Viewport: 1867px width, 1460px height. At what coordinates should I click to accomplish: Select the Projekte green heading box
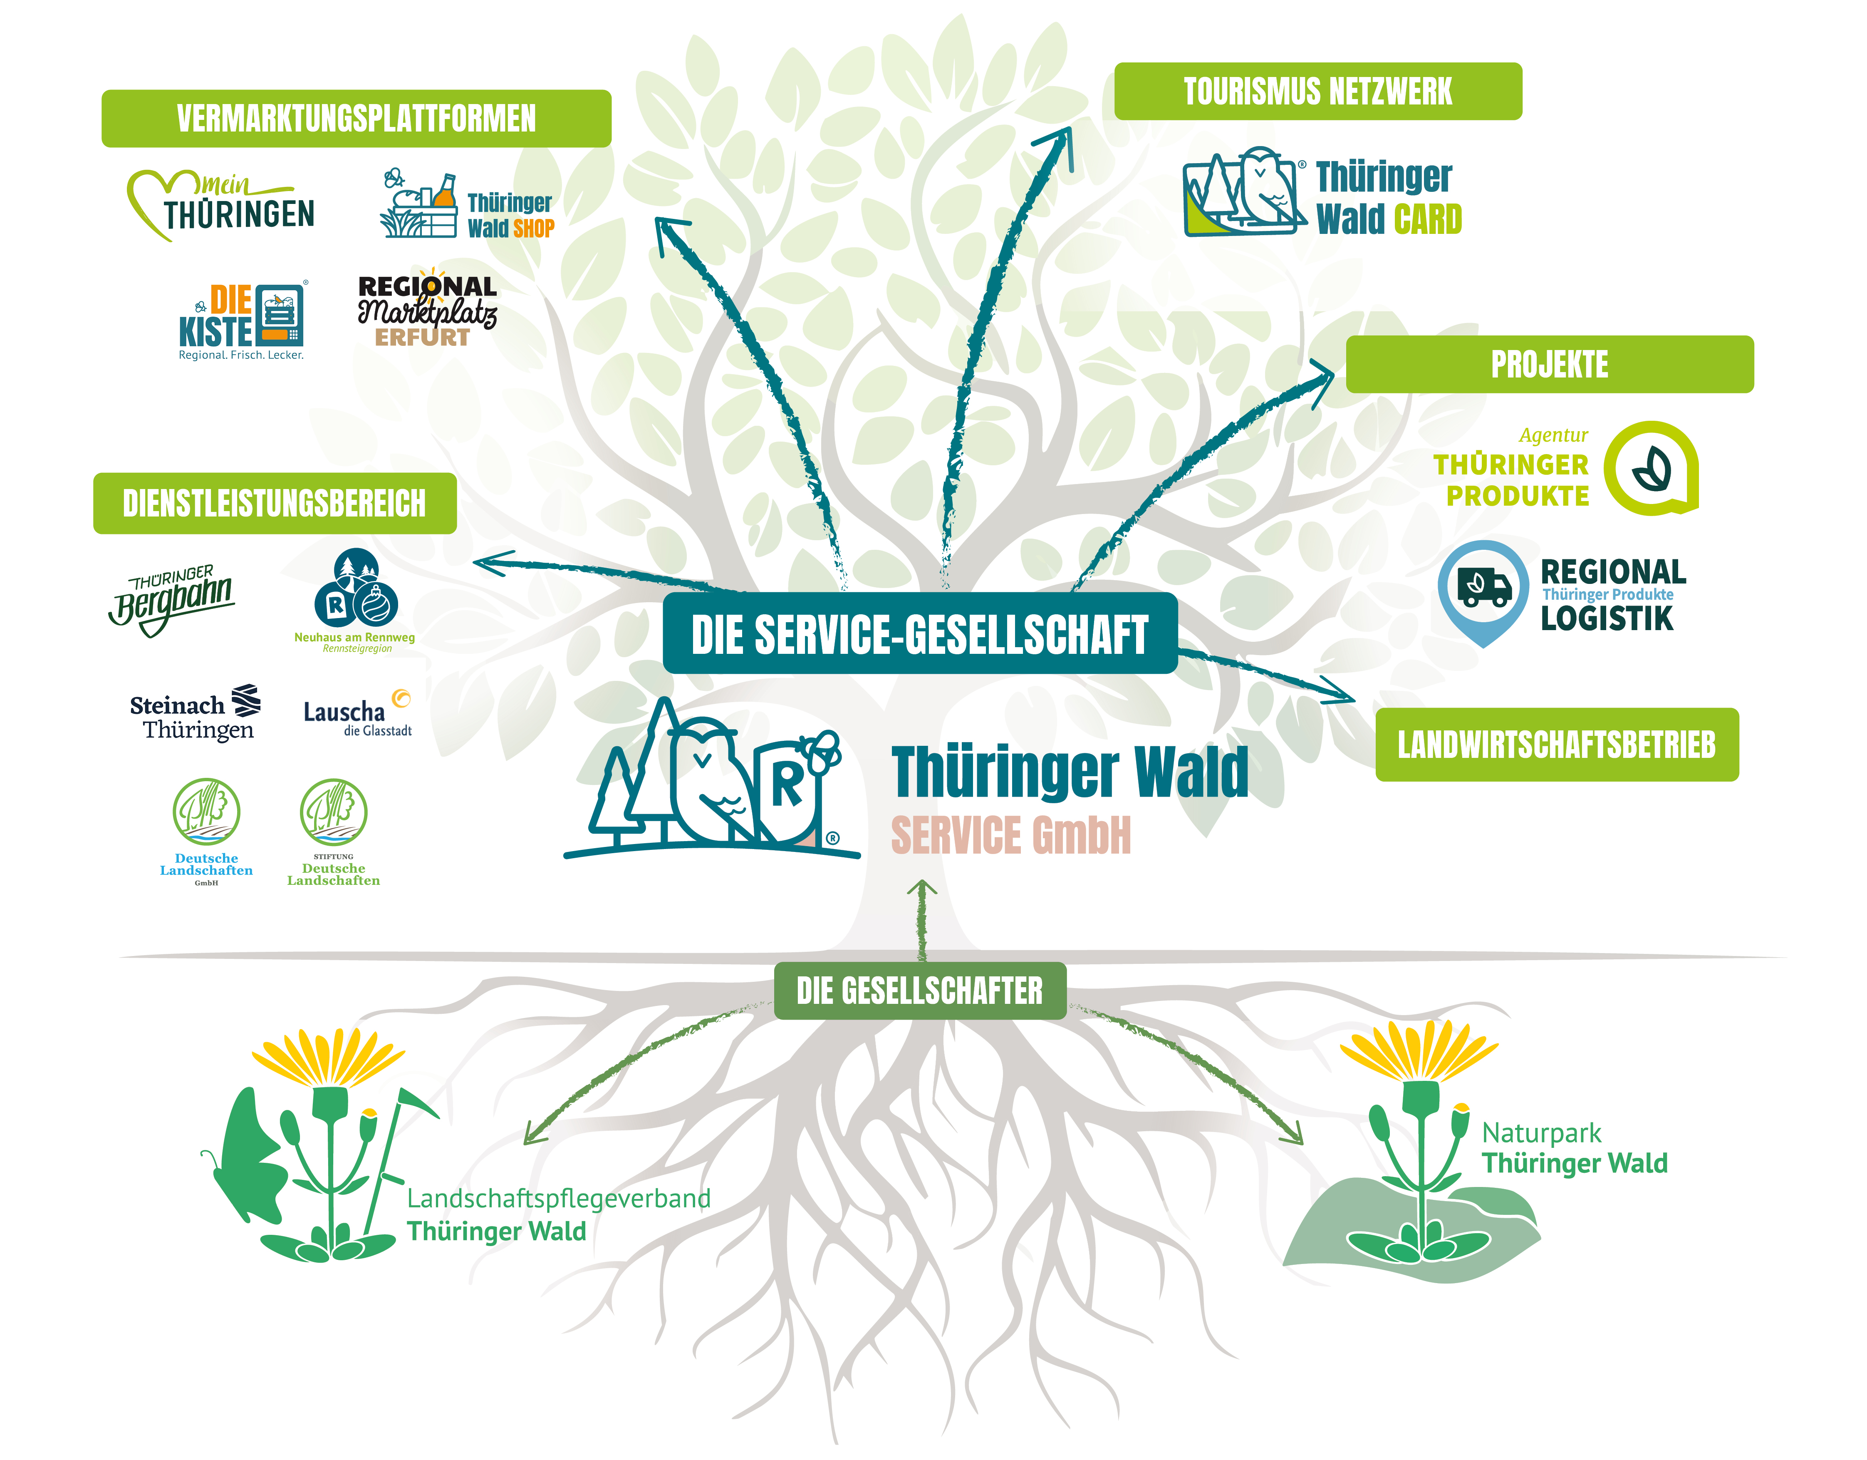[x=1550, y=364]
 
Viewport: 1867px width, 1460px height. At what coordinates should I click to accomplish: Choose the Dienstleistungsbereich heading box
[x=275, y=503]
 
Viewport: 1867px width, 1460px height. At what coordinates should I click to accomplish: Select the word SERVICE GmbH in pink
[x=1010, y=836]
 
